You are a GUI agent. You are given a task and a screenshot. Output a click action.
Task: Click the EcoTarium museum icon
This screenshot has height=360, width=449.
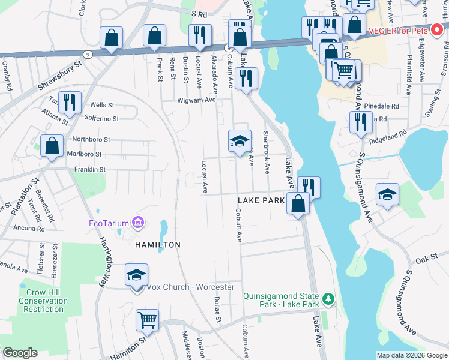(x=139, y=224)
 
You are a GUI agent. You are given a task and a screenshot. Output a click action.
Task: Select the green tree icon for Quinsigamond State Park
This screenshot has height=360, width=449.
(x=328, y=298)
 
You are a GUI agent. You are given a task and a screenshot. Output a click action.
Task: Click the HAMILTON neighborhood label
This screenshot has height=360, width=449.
(x=157, y=245)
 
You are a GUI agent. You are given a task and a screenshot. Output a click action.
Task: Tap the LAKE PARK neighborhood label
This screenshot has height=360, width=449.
(x=261, y=200)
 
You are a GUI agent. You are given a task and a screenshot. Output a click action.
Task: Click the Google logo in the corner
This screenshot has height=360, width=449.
(x=20, y=353)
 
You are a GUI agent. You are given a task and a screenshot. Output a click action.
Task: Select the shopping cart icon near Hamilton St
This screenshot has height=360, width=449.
(x=147, y=320)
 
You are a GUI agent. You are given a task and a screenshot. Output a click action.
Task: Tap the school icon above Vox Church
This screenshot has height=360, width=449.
(x=136, y=275)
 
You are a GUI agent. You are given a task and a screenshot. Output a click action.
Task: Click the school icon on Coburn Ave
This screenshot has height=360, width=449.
(x=240, y=141)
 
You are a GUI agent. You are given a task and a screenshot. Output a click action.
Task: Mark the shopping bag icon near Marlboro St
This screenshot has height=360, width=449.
(x=52, y=145)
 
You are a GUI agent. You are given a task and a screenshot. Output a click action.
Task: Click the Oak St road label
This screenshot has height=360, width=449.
(x=426, y=256)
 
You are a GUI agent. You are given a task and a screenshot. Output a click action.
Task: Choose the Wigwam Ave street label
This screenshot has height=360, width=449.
(x=196, y=100)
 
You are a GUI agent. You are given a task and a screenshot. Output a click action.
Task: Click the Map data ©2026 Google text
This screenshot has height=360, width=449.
(x=412, y=355)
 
